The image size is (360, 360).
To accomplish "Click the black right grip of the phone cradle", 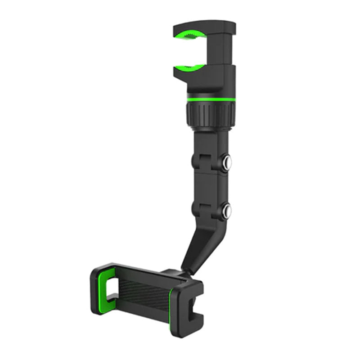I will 187,306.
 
